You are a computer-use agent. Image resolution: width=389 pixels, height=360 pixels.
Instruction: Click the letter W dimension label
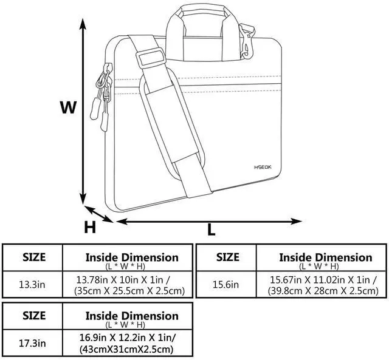point(68,107)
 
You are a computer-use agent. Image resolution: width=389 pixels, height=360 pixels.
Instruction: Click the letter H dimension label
point(90,227)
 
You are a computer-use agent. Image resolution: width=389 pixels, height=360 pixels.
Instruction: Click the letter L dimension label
point(211,230)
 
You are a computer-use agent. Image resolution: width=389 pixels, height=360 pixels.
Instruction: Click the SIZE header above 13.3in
point(34,257)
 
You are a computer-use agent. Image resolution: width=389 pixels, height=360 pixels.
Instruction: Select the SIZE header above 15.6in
point(228,257)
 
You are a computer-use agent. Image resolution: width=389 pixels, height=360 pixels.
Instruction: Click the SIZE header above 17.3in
point(34,316)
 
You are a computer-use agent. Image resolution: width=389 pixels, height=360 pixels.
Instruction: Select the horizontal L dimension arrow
point(209,221)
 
